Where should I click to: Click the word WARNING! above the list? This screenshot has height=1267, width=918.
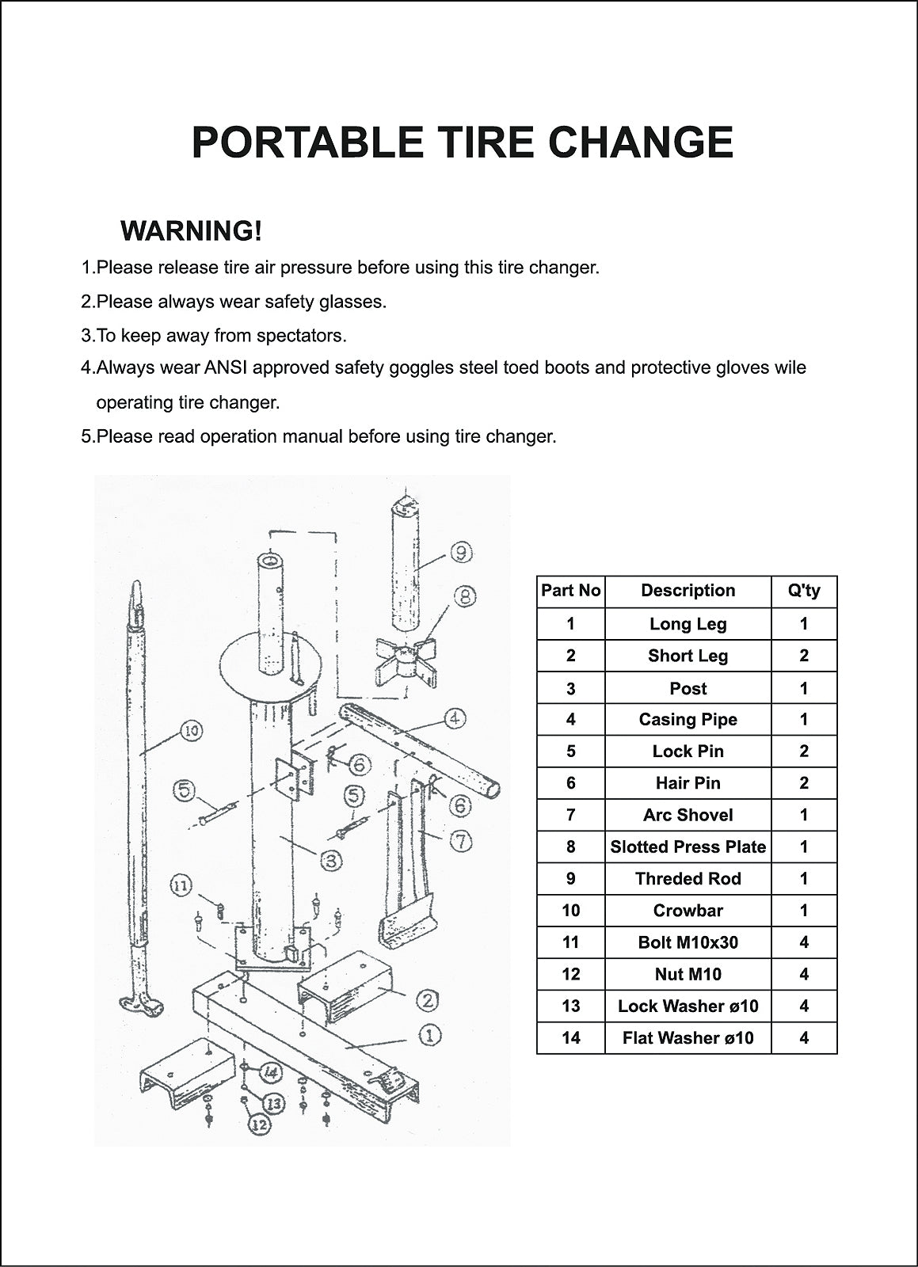coord(191,230)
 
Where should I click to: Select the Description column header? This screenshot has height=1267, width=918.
coord(688,591)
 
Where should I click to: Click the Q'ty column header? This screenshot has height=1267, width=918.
coord(804,591)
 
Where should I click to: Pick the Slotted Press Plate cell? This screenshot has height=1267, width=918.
coord(688,847)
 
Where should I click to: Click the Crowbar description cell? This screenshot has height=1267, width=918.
coord(688,910)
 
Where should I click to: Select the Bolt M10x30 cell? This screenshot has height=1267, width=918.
coord(688,942)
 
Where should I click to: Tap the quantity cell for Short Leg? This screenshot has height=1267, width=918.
coord(804,656)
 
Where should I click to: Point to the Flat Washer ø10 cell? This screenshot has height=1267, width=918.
coord(688,1038)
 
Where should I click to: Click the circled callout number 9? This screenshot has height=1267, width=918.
coord(462,551)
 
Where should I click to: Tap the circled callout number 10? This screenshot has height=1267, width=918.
coord(191,731)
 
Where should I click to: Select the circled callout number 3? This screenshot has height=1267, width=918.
coord(331,861)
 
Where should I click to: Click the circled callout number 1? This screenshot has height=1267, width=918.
coord(430,1036)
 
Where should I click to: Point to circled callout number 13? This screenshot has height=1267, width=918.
coord(274,1103)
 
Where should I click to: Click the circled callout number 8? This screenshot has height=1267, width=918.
coord(465,596)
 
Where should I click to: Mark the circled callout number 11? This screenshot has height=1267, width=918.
coord(181,885)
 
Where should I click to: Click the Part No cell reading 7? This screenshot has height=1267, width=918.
coord(571,815)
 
